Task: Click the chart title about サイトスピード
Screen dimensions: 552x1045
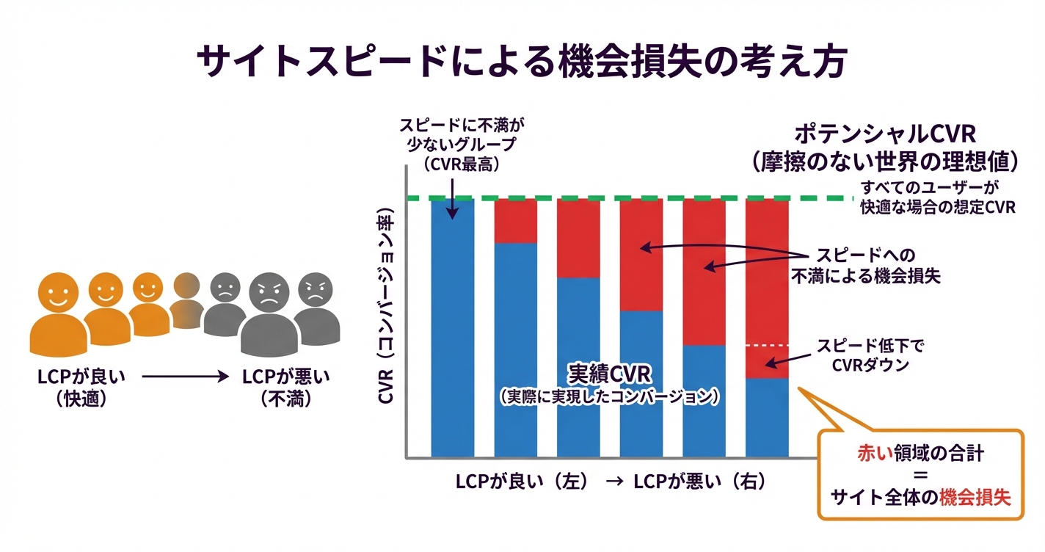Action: point(522,62)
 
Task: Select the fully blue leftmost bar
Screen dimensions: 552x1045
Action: point(452,330)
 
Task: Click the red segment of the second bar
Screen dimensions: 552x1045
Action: point(515,220)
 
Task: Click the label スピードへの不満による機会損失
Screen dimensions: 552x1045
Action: point(866,266)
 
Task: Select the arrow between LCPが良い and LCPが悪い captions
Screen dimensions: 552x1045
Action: point(181,377)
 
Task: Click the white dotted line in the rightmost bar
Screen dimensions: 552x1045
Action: point(767,345)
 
